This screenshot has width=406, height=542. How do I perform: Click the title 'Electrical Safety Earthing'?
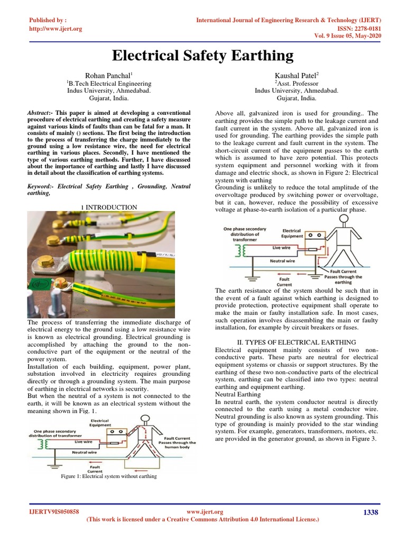(x=203, y=56)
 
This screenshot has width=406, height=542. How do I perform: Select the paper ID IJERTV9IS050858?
(x=54, y=512)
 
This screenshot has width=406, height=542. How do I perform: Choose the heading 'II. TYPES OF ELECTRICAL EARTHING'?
(x=296, y=342)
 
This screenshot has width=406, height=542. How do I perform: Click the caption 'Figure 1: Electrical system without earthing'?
(x=109, y=476)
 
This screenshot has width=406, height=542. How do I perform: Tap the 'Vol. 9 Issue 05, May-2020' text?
(x=345, y=35)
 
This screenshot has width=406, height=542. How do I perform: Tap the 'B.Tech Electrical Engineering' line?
(x=109, y=83)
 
